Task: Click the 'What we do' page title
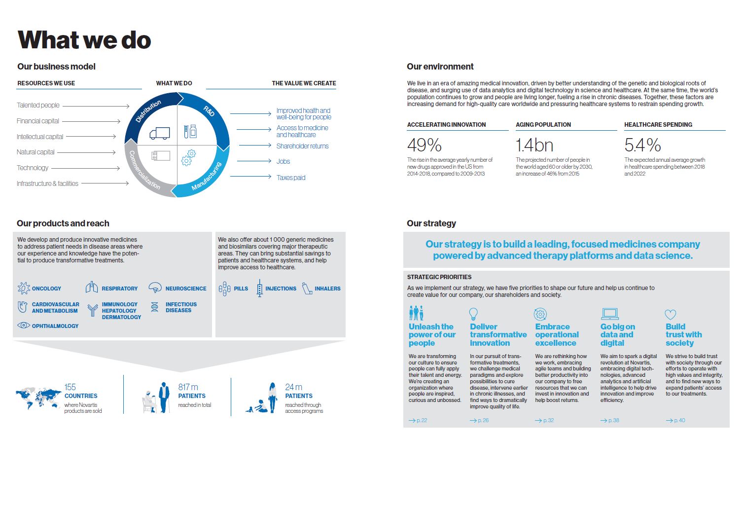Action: pyautogui.click(x=84, y=40)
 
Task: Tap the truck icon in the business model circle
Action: pyautogui.click(x=160, y=133)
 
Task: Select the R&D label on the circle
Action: pyautogui.click(x=209, y=111)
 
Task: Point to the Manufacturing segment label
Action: pyautogui.click(x=206, y=176)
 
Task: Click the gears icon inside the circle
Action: pyautogui.click(x=188, y=158)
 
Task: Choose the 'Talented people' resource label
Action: pyautogui.click(x=38, y=105)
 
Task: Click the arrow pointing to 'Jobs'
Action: pyautogui.click(x=254, y=161)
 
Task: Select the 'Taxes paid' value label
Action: pyautogui.click(x=291, y=178)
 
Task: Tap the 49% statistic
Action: pyautogui.click(x=424, y=145)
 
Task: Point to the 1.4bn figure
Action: pyautogui.click(x=534, y=145)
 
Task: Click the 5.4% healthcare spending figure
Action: pyautogui.click(x=642, y=145)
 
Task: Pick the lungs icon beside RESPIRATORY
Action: pyautogui.click(x=92, y=288)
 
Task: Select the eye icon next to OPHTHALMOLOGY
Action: pyautogui.click(x=23, y=325)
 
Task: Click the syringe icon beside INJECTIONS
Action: pyautogui.click(x=260, y=288)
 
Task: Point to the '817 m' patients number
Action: pyautogui.click(x=188, y=387)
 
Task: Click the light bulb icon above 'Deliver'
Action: pyautogui.click(x=473, y=313)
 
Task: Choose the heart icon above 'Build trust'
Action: pyautogui.click(x=671, y=314)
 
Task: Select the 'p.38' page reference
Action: pyautogui.click(x=614, y=420)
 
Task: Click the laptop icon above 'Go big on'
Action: pyautogui.click(x=610, y=314)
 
